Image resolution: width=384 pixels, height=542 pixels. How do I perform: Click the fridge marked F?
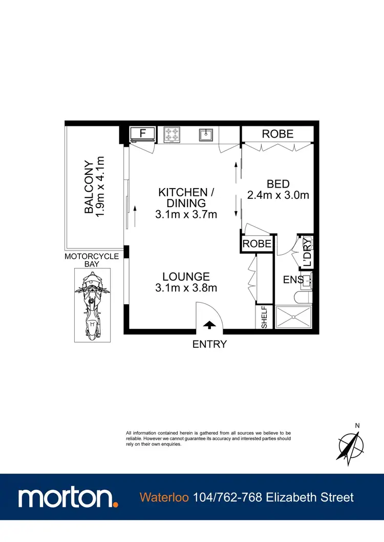tap(143, 134)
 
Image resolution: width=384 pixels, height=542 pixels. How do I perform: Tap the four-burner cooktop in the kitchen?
tap(173, 134)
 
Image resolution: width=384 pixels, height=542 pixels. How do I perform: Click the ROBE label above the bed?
tap(278, 134)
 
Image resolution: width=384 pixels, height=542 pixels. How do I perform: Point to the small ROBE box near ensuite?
tap(257, 244)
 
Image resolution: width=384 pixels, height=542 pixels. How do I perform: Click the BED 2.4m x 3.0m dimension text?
tap(278, 190)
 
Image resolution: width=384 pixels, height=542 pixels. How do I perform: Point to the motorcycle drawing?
tap(91, 306)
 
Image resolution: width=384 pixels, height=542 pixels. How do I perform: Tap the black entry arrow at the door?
tap(209, 324)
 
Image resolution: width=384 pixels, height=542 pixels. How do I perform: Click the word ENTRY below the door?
tap(209, 344)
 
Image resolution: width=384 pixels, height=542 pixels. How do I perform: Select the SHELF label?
tap(264, 317)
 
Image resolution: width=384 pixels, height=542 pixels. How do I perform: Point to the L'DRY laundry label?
tap(307, 252)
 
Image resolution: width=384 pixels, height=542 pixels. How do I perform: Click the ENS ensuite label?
tap(293, 280)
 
